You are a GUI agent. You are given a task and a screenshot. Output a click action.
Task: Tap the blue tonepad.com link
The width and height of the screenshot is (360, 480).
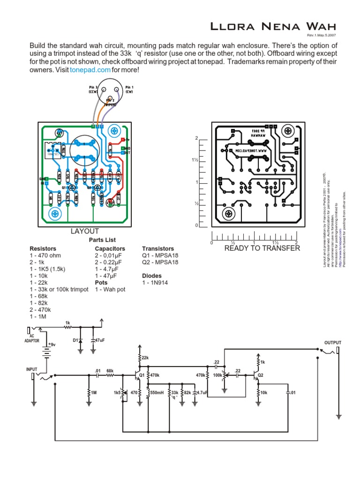pos(90,70)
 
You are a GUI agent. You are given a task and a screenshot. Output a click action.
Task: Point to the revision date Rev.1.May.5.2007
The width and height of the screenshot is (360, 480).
pos(321,36)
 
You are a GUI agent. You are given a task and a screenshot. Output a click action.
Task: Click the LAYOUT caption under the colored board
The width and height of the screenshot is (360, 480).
pos(84,231)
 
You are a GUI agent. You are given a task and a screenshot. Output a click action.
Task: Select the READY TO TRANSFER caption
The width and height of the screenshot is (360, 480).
pos(262,248)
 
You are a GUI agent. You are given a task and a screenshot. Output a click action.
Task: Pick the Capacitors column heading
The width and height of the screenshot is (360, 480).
pos(110,248)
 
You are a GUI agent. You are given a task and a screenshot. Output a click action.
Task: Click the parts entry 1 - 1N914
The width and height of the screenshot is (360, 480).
pos(155,283)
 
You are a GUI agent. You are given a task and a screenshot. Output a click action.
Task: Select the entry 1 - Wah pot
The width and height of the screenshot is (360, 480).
pos(110,290)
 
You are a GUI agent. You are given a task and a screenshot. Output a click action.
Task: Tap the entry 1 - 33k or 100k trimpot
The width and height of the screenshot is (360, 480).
pos(59,290)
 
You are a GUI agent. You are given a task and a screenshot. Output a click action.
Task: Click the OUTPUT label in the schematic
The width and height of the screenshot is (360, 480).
pos(333,343)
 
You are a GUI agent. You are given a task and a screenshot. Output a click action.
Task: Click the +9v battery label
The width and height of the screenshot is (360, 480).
pos(51,345)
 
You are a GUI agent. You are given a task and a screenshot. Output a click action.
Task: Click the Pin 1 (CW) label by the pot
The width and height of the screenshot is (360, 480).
pos(129,90)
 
